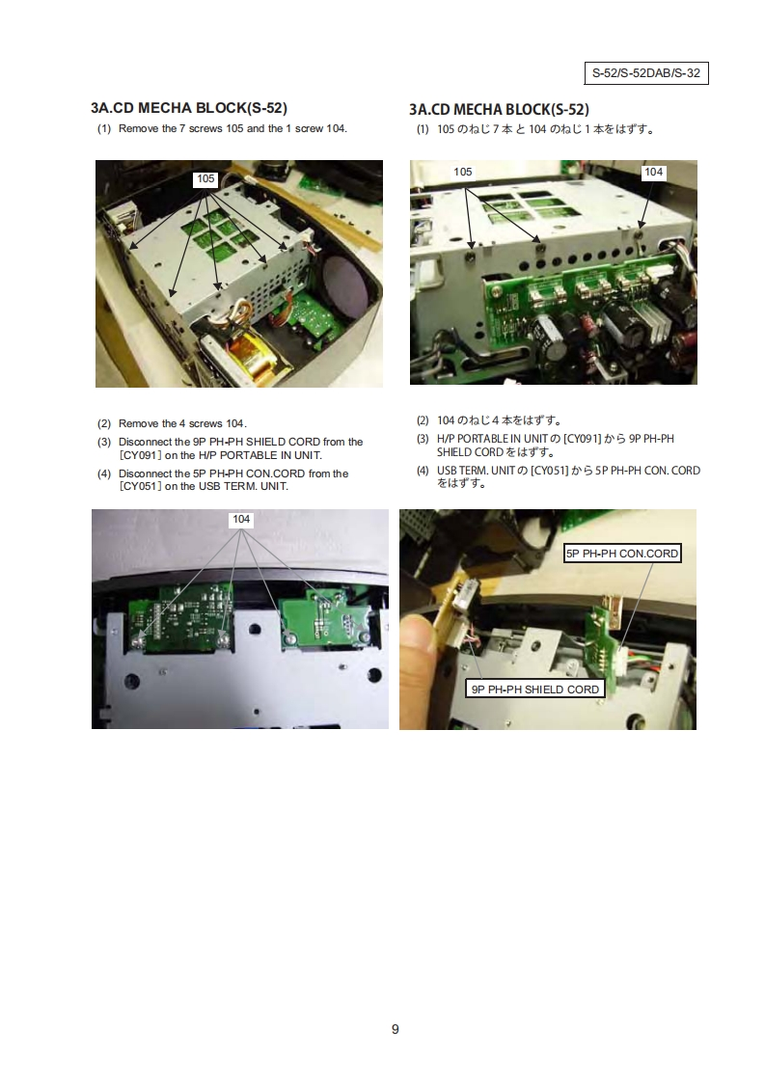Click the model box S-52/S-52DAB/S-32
[646, 73]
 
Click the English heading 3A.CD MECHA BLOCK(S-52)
[188, 108]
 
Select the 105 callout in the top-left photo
[205, 179]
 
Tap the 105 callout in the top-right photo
[463, 172]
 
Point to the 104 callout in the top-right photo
[653, 173]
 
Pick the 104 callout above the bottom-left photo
[241, 520]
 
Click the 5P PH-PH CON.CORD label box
[622, 554]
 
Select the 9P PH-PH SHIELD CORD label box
[535, 690]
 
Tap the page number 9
[395, 1030]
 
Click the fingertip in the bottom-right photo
[417, 641]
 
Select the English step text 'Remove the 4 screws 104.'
[182, 423]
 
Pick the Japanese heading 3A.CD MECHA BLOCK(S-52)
[499, 110]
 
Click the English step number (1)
[104, 128]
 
